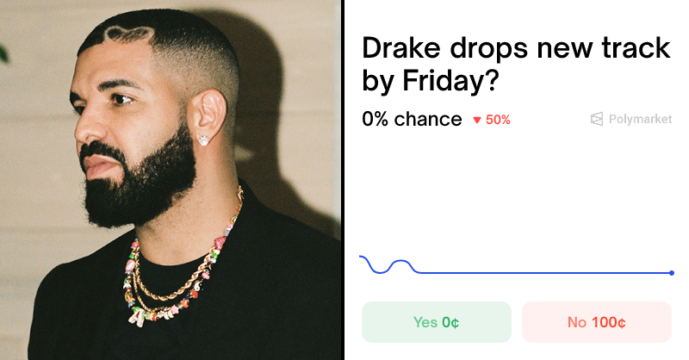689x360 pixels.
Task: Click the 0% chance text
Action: tap(412, 120)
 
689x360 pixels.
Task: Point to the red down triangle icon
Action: tap(477, 121)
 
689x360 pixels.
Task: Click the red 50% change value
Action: tap(498, 120)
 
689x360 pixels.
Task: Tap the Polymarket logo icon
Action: tap(597, 120)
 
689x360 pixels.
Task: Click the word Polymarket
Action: tap(639, 120)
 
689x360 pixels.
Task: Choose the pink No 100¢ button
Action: tap(596, 322)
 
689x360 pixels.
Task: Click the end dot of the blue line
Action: tap(672, 273)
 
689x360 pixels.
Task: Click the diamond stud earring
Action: tap(204, 138)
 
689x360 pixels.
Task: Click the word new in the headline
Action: tap(561, 49)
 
